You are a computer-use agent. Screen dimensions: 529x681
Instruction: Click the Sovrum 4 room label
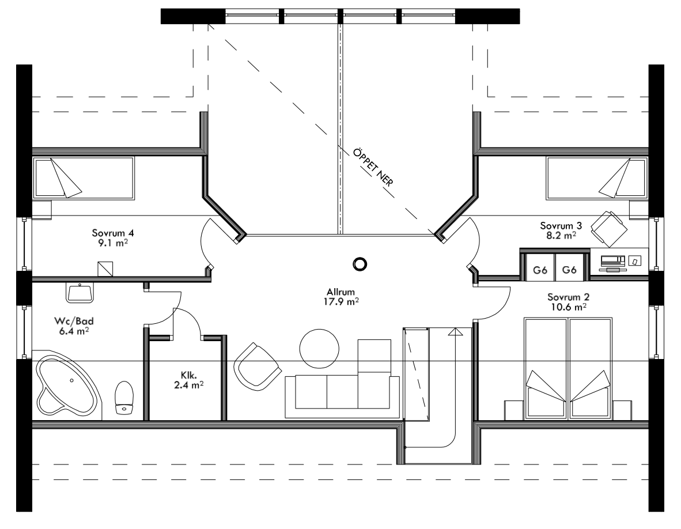pyautogui.click(x=113, y=238)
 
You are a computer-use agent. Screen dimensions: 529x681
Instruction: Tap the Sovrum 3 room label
pyautogui.click(x=557, y=230)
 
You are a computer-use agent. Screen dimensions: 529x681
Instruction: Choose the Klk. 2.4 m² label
pyautogui.click(x=187, y=379)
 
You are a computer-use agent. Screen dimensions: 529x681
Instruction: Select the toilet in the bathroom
pyautogui.click(x=124, y=398)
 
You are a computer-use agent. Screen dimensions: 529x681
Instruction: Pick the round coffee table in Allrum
pyautogui.click(x=319, y=348)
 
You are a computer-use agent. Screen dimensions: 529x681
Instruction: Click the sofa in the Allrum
pyautogui.click(x=342, y=396)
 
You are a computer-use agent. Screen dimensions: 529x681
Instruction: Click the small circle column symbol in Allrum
pyautogui.click(x=360, y=264)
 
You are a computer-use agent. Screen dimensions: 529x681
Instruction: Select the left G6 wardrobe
pyautogui.click(x=540, y=269)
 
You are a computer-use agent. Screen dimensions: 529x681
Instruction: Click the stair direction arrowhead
pyautogui.click(x=455, y=331)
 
